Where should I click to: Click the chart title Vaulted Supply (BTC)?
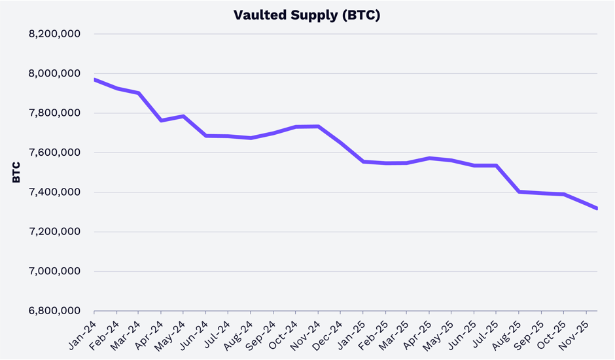pos(307,15)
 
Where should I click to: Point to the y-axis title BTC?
pos(16,172)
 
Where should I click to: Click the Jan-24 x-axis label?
pos(83,332)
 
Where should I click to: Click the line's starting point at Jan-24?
pos(95,79)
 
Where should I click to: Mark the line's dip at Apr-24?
pos(162,120)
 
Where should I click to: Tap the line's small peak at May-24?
pos(184,117)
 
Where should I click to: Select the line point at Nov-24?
pos(318,126)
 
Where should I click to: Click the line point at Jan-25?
pos(363,162)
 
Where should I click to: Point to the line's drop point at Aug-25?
pos(519,192)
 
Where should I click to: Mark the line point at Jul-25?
pos(497,166)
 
